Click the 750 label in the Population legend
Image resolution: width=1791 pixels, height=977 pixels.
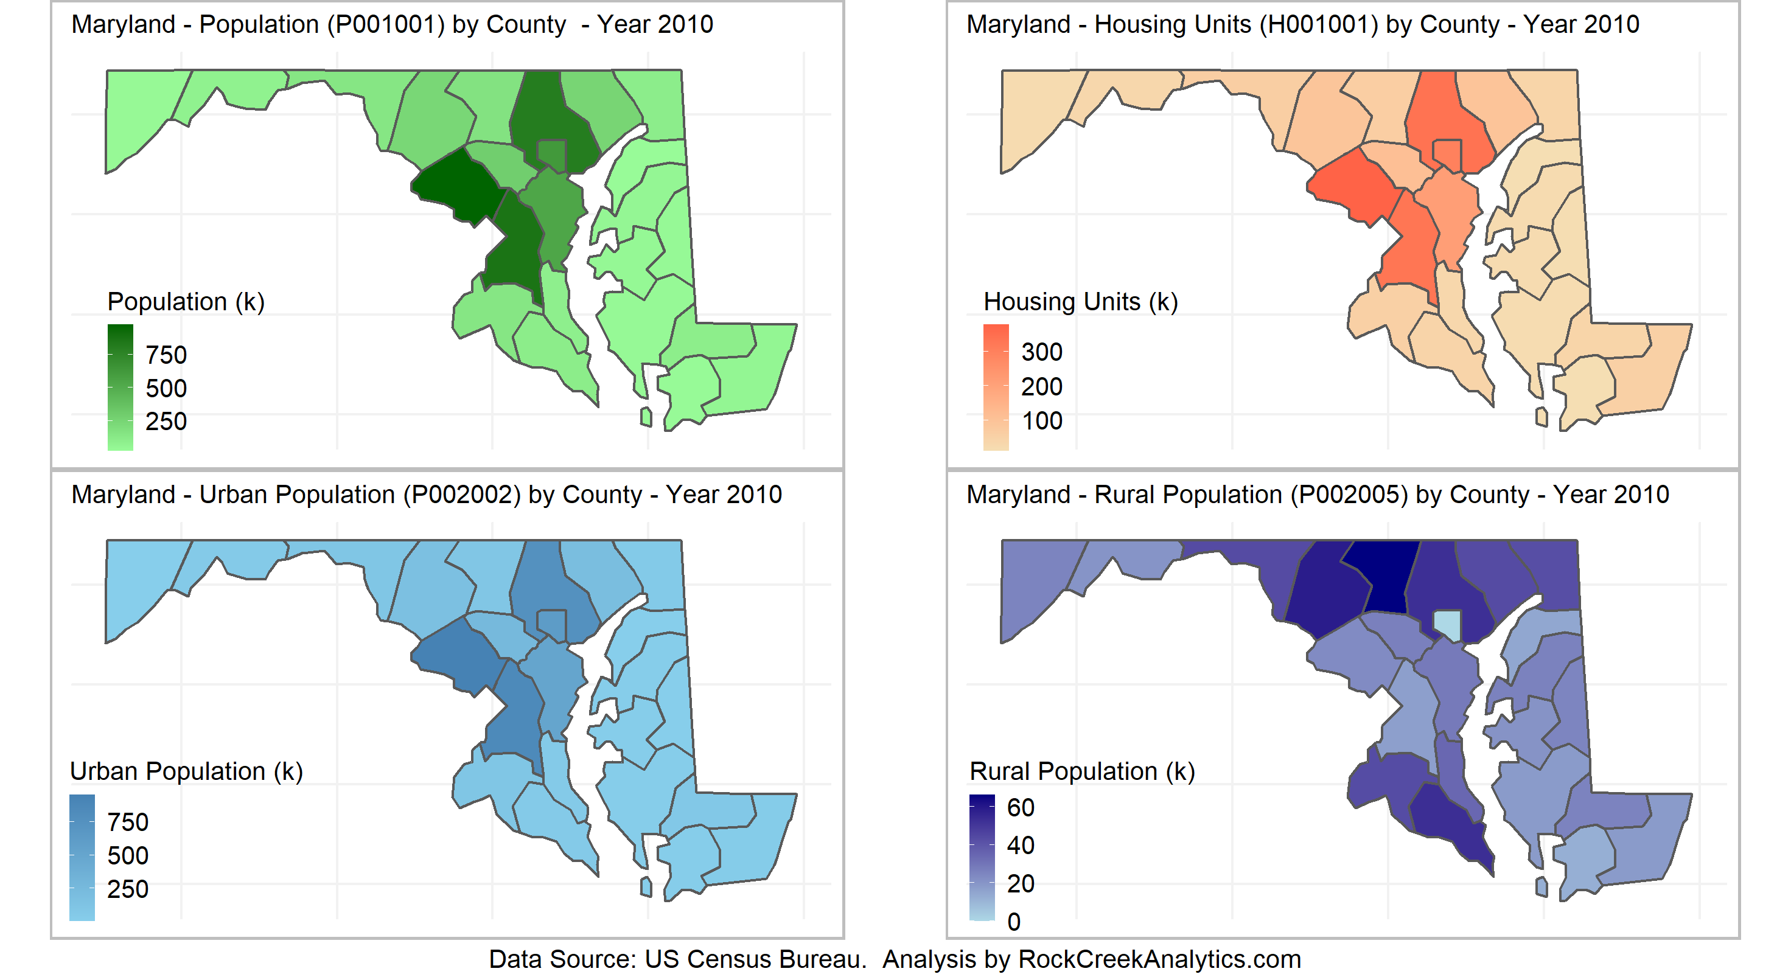166,355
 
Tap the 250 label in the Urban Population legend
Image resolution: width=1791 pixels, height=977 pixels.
128,889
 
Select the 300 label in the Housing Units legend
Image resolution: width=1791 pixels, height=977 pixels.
1041,352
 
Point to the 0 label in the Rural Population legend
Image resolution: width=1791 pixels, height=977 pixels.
1014,922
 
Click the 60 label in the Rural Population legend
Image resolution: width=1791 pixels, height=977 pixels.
1021,807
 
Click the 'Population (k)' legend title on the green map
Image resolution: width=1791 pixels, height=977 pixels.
186,302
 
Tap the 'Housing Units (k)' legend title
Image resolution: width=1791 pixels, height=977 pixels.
1080,302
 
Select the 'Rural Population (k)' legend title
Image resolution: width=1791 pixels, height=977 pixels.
1082,771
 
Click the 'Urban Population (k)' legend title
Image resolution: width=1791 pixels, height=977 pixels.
186,771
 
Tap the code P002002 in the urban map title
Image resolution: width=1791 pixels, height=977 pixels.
464,495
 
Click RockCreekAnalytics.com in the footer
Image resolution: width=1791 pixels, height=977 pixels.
1159,959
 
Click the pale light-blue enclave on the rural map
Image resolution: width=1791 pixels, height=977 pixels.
1446,624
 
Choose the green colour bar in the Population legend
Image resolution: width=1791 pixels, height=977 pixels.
120,387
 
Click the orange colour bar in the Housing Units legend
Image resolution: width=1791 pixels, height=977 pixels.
996,387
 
